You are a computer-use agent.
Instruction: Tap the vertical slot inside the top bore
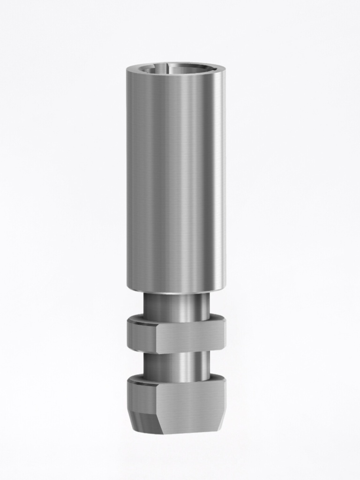coord(165,68)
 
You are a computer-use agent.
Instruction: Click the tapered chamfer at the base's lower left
coord(143,422)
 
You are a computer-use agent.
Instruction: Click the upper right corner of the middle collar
coord(225,322)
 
